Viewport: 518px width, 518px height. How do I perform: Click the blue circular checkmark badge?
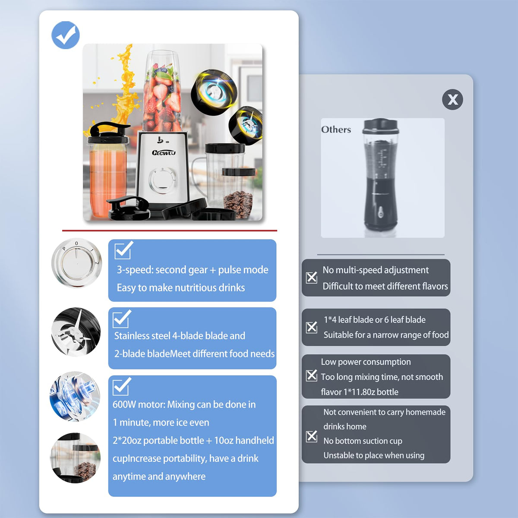(65, 35)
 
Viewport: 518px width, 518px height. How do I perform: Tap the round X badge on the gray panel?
(452, 99)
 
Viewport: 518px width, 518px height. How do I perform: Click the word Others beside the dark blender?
(336, 129)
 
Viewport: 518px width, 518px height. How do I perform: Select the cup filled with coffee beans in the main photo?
(238, 193)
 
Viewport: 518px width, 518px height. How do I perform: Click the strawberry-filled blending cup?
(162, 92)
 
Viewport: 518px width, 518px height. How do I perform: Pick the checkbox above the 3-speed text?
(123, 250)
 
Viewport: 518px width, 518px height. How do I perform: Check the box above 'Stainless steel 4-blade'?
(121, 319)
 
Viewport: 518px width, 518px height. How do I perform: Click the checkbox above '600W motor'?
(121, 386)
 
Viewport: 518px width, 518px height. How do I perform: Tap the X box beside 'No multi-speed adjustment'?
(312, 278)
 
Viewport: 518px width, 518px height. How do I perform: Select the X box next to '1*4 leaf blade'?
(312, 327)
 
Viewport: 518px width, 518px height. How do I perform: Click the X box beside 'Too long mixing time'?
(312, 376)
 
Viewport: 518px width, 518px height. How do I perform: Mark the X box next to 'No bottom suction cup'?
(312, 436)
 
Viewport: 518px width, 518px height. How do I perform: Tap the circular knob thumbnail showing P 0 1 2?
(76, 263)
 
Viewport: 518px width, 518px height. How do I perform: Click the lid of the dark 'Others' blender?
(379, 126)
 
